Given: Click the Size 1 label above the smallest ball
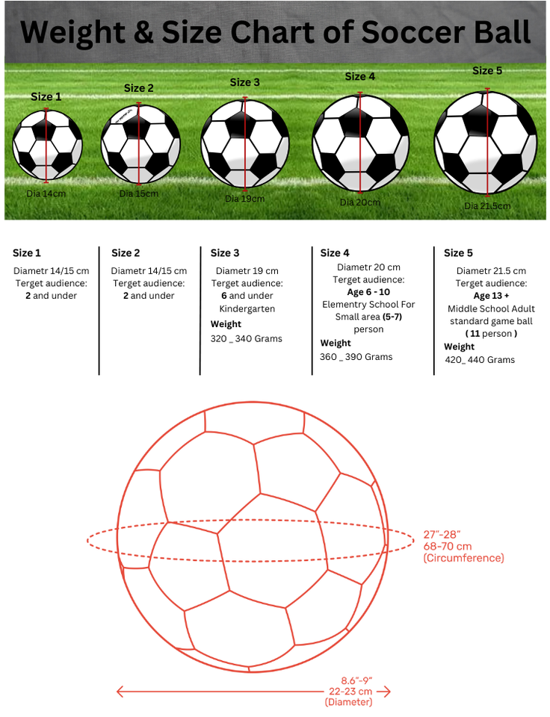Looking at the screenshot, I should click(46, 96).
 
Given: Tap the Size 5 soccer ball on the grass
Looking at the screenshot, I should click(486, 142).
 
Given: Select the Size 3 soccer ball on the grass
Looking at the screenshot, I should click(245, 143).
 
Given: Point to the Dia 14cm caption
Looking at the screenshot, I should click(46, 193).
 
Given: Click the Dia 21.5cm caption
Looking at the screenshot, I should click(487, 206).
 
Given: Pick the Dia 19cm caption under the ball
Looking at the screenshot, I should click(245, 199).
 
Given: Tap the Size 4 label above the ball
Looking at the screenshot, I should click(360, 76).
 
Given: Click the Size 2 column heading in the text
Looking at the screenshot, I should click(126, 253).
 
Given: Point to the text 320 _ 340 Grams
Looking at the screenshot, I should click(246, 338).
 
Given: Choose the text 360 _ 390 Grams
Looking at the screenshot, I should click(356, 357).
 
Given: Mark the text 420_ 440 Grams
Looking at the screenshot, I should click(479, 360).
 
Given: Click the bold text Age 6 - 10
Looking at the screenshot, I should click(368, 292).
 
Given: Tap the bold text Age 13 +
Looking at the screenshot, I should click(491, 296).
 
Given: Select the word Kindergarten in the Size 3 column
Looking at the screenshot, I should click(247, 308).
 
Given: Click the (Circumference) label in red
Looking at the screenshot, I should click(463, 558).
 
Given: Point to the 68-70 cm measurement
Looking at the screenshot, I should click(447, 546).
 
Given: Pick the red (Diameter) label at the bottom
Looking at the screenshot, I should click(348, 702).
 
